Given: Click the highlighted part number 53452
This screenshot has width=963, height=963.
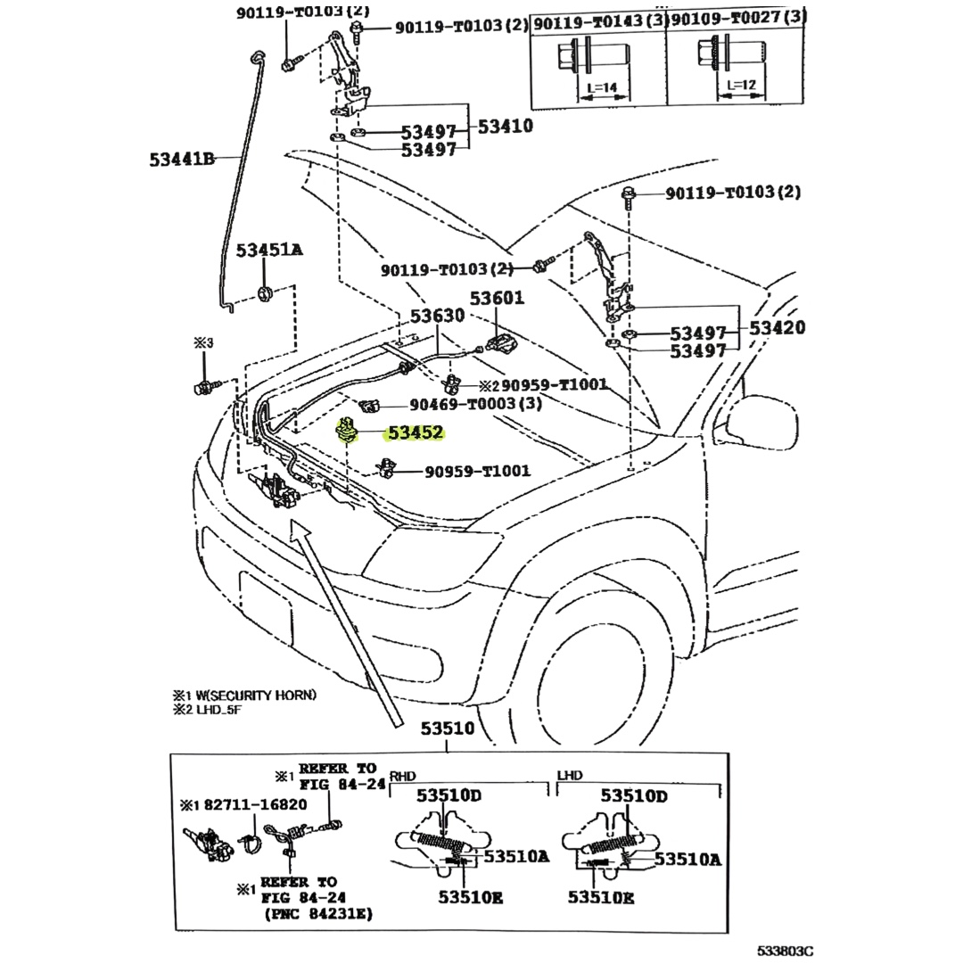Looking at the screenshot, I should (x=416, y=433).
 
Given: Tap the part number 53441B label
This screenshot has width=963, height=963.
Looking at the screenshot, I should (x=182, y=160).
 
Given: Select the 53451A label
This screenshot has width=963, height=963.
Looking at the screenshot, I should (x=268, y=251).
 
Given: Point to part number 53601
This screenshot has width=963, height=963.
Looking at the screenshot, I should (x=498, y=299).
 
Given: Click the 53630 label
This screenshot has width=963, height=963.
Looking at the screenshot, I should (x=437, y=317).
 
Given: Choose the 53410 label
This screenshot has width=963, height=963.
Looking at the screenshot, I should (x=505, y=127).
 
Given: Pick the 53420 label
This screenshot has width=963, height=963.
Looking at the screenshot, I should (x=777, y=328).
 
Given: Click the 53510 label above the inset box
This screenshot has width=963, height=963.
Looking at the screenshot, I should (x=448, y=728).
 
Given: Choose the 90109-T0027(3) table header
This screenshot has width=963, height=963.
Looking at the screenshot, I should (x=738, y=17).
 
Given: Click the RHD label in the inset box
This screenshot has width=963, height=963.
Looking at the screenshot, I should (x=403, y=776).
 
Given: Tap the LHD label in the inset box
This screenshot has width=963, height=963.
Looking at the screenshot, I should (x=570, y=776).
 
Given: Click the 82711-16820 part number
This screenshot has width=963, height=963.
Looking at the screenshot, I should (x=255, y=804).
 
